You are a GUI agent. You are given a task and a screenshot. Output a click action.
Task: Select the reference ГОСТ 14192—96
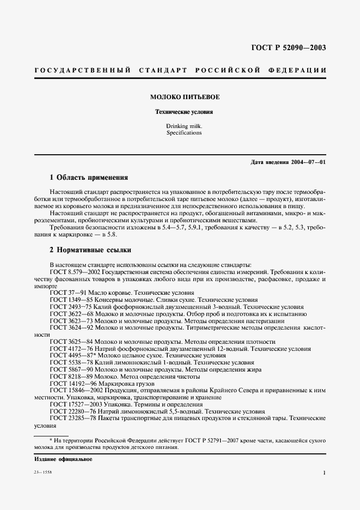pos(70,384)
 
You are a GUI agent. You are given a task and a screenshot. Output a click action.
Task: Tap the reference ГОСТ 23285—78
pos(70,419)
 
